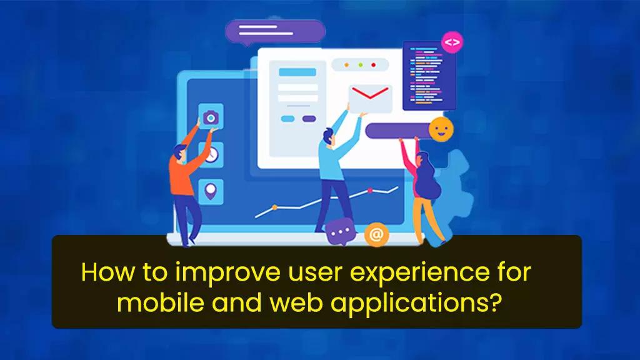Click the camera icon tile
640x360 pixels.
pos(211,117)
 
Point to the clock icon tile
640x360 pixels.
pos(211,154)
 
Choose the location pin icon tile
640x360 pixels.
pos(211,190)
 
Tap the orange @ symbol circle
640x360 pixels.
pos(376,234)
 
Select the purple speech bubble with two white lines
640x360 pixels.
pos(275,31)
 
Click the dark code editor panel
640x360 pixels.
pos(429,76)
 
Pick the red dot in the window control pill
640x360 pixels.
pos(374,65)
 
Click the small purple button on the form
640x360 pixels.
pos(309,119)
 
